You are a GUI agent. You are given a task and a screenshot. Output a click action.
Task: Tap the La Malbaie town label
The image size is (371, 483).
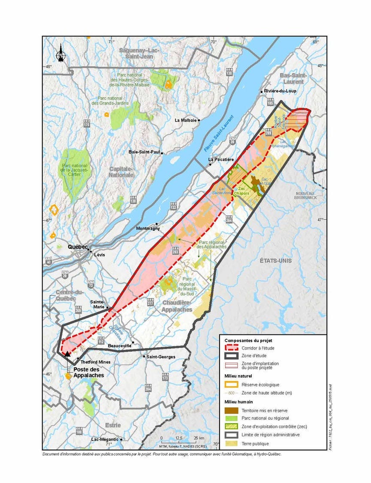(186, 120)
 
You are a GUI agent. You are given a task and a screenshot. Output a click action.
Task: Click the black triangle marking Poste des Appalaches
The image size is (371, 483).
(67, 354)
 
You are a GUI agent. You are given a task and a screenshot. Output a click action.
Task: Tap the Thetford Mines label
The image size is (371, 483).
(96, 362)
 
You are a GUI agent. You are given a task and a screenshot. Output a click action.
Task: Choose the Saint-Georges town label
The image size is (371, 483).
(160, 356)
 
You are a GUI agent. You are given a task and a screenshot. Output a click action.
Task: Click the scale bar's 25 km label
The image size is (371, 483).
(199, 438)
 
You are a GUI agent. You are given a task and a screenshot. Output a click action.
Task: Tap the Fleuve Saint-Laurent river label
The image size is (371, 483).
(219, 133)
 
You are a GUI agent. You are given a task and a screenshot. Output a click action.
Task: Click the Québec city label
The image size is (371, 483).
(77, 247)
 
